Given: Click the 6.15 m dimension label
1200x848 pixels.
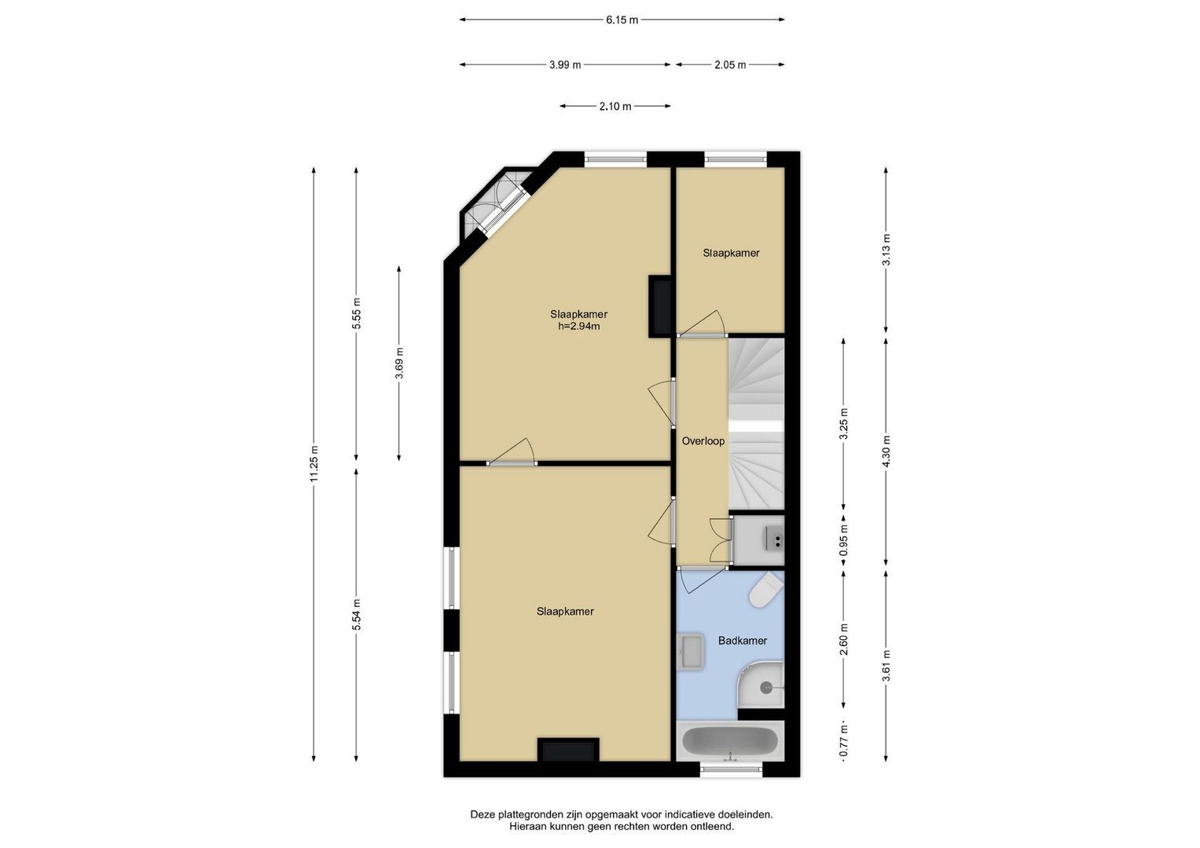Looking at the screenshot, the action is point(622,20).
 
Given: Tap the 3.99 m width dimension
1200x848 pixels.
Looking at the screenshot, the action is point(565,64).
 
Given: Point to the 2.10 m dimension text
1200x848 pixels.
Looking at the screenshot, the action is point(615,106).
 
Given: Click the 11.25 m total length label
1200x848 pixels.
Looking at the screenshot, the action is point(314,463).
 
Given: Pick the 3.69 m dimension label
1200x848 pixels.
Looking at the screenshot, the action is point(399,363).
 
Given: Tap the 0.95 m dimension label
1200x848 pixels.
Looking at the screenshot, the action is point(844,541).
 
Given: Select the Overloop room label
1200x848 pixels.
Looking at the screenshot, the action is point(703,441).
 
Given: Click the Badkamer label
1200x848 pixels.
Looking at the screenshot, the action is point(743,640).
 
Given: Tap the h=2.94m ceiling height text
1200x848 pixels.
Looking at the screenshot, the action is point(578,326).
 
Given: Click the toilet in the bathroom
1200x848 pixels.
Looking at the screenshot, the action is point(766,590).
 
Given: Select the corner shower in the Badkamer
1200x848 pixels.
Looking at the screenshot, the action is point(761,685).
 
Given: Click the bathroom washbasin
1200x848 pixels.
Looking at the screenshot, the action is point(691,651).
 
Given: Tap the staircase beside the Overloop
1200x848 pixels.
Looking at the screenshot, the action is point(756,424).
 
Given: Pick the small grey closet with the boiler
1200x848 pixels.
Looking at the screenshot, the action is point(758,540).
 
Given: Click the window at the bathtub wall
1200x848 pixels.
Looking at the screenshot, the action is point(732,769).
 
